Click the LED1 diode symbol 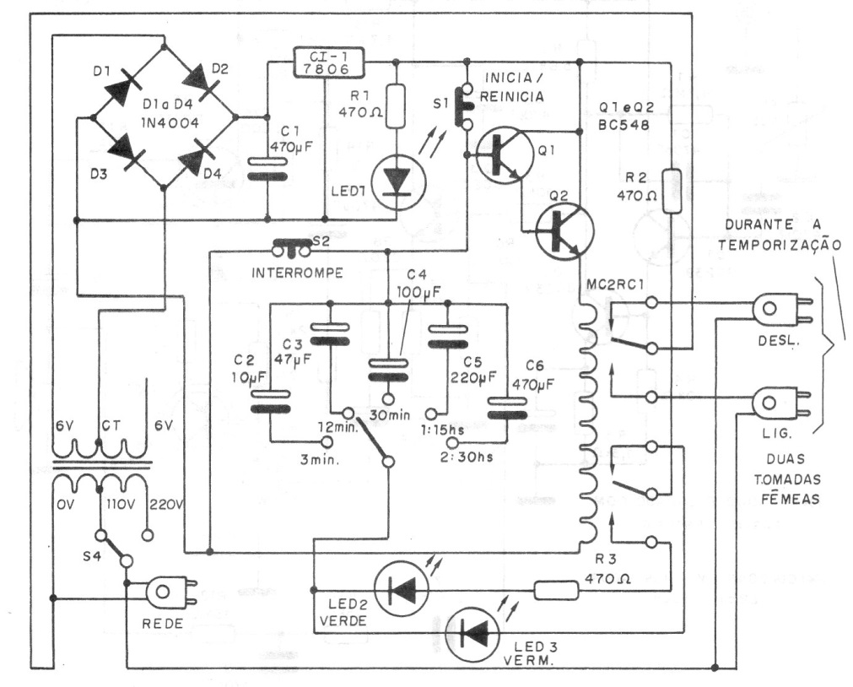point(394,181)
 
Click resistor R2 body point(671,191)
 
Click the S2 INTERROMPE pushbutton point(290,247)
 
